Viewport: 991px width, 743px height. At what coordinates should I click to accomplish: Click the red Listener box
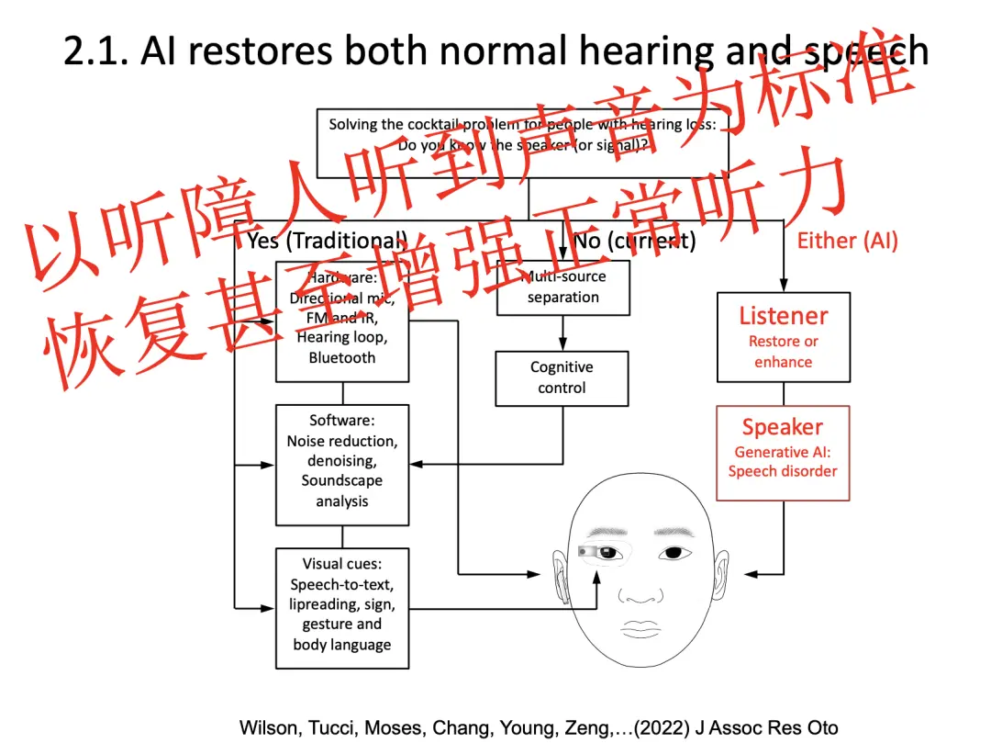(x=783, y=337)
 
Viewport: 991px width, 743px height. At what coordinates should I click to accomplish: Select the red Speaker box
(x=783, y=453)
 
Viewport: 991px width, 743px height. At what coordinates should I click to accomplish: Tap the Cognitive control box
(x=562, y=377)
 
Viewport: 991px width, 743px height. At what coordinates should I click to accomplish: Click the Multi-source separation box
(x=563, y=287)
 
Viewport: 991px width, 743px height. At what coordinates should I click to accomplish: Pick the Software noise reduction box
(x=342, y=465)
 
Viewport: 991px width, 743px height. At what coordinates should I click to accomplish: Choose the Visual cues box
(x=342, y=608)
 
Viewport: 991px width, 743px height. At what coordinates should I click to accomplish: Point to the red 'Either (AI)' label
(x=847, y=241)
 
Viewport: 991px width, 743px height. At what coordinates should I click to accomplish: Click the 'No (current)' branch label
(x=634, y=241)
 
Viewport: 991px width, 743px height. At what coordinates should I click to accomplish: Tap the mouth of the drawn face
(x=640, y=628)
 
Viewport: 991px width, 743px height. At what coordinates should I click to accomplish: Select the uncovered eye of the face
(x=674, y=553)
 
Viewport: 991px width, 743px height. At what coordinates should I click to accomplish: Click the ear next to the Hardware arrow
(x=559, y=569)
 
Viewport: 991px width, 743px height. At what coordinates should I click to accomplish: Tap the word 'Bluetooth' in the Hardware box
(x=342, y=357)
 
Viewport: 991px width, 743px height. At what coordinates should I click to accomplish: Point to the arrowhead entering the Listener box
(x=783, y=286)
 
